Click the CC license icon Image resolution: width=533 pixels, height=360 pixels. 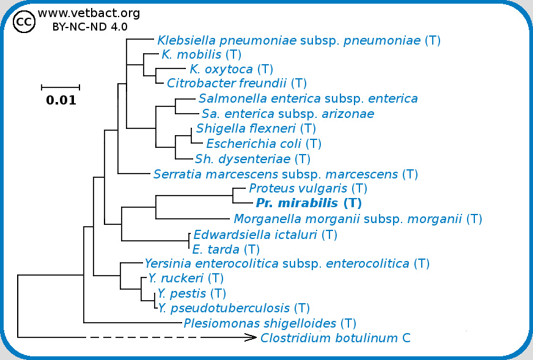(23, 22)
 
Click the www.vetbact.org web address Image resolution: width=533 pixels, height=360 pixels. (89, 13)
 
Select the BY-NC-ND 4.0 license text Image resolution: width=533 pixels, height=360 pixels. (90, 27)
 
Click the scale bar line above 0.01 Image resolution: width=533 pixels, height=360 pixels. (61, 87)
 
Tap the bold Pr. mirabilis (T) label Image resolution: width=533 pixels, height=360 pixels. (309, 204)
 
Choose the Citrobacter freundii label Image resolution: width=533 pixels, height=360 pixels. (237, 83)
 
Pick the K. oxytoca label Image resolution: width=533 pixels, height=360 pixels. (231, 69)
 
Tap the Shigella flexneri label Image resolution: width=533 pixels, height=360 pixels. (255, 129)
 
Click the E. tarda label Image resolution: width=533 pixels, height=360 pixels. (226, 249)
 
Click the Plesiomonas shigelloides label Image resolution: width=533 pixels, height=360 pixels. (270, 323)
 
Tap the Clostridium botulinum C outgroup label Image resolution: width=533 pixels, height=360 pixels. (335, 338)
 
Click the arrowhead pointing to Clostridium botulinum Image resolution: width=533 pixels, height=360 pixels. (251, 337)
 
